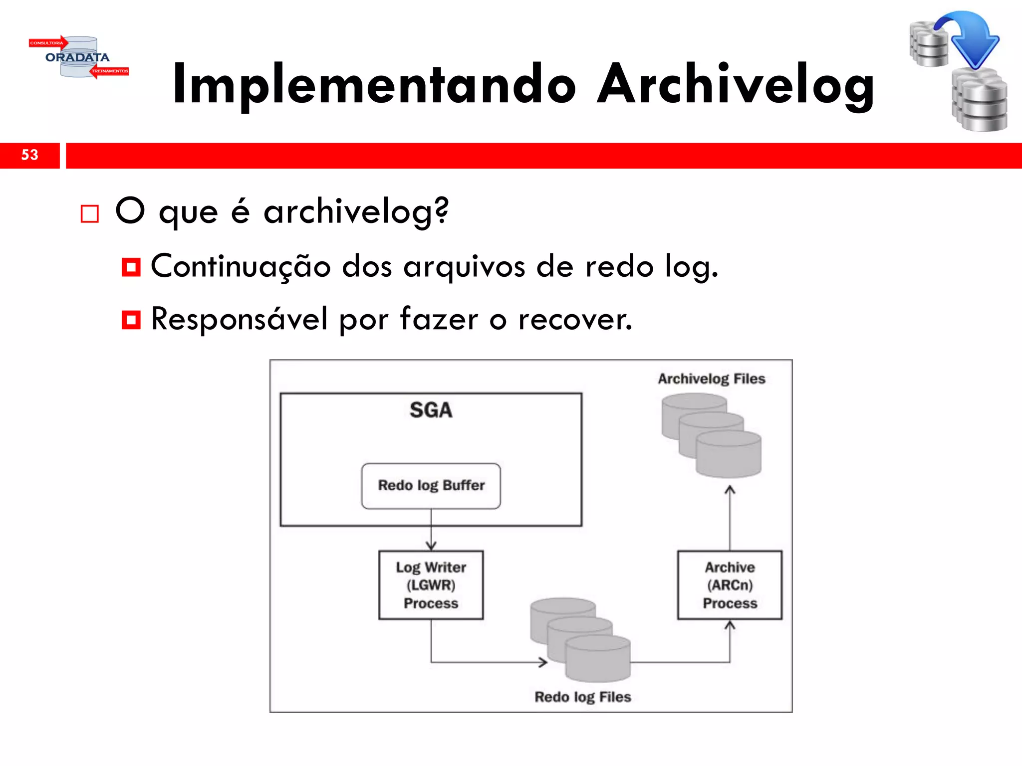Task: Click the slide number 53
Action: click(x=29, y=155)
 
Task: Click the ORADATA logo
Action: click(x=78, y=57)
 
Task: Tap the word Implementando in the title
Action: click(x=374, y=85)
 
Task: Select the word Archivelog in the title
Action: click(x=736, y=85)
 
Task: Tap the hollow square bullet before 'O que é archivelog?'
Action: click(x=90, y=214)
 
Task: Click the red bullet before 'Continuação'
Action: click(x=131, y=267)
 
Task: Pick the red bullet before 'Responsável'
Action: click(x=131, y=320)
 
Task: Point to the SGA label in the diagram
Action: click(x=431, y=410)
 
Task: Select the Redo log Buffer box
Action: click(x=431, y=486)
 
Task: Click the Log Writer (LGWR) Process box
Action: click(x=431, y=585)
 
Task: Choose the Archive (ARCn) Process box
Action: click(x=730, y=585)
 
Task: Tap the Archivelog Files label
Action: click(x=711, y=379)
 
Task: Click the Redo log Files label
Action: click(x=583, y=697)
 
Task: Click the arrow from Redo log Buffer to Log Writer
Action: click(x=431, y=530)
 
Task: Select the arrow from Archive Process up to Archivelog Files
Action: click(x=730, y=519)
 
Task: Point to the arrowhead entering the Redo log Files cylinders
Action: click(x=543, y=662)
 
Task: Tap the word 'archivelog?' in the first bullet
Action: click(x=356, y=212)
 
